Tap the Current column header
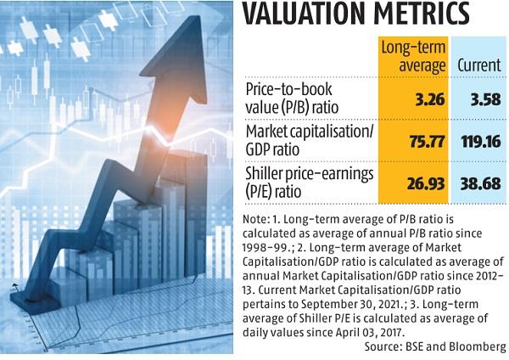click(x=478, y=65)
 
